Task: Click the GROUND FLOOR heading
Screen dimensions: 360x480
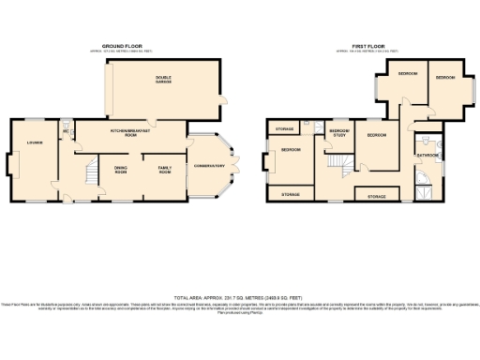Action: (x=127, y=44)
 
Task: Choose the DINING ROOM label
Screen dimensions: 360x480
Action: (x=121, y=170)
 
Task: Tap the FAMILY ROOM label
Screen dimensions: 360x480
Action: (x=164, y=170)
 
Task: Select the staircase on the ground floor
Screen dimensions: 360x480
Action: (x=90, y=172)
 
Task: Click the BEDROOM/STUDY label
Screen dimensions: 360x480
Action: (x=339, y=133)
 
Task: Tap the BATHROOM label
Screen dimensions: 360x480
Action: (x=428, y=155)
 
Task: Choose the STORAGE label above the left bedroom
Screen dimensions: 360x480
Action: (x=283, y=128)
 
